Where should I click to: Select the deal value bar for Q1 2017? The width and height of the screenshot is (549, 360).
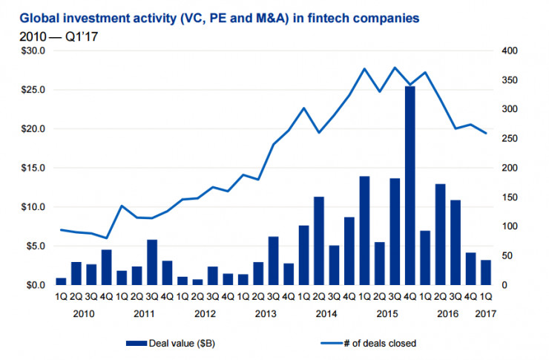click(486, 272)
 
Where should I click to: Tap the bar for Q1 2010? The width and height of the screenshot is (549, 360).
click(61, 281)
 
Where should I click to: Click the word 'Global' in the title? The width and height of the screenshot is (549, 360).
click(35, 16)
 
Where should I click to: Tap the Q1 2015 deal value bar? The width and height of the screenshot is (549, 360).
click(364, 230)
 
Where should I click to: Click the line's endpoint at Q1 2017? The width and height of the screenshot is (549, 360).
click(486, 134)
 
